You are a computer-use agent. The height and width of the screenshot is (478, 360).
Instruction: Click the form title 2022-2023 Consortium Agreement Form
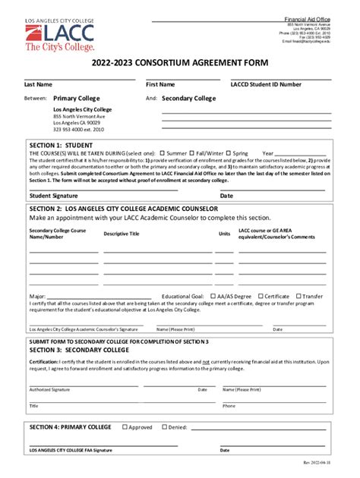[x=179, y=65]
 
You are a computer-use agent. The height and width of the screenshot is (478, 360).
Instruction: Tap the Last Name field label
[x=38, y=84]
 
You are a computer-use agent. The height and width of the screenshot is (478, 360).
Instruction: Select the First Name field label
[x=160, y=84]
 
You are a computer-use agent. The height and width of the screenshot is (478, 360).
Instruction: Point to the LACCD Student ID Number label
[x=266, y=84]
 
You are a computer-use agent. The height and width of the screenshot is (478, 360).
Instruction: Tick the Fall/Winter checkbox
[x=192, y=153]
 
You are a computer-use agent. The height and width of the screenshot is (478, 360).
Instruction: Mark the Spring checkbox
[x=228, y=153]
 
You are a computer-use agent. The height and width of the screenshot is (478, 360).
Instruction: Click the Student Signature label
[x=52, y=195]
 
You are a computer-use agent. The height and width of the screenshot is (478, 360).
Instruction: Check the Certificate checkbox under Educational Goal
[x=261, y=297]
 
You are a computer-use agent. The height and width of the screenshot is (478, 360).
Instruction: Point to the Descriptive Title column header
[x=122, y=234]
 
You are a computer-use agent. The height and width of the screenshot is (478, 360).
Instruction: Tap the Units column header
[x=224, y=234]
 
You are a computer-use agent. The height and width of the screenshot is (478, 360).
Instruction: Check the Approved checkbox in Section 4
[x=125, y=427]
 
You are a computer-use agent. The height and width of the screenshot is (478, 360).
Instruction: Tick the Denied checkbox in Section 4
[x=162, y=427]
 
